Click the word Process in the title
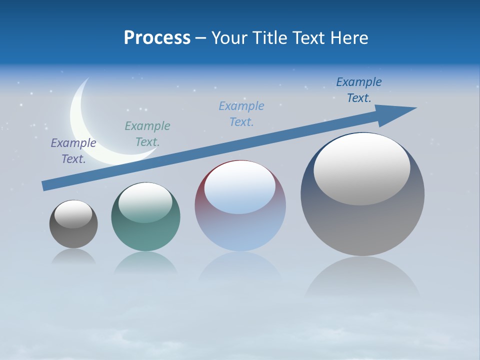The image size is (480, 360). [157, 38]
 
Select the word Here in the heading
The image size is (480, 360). [350, 38]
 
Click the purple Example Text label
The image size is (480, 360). [73, 151]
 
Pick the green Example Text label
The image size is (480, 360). [147, 134]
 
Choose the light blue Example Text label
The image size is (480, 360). [241, 114]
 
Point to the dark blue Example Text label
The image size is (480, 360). [359, 90]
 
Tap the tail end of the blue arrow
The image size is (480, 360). [44, 186]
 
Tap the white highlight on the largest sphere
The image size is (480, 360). [362, 169]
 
